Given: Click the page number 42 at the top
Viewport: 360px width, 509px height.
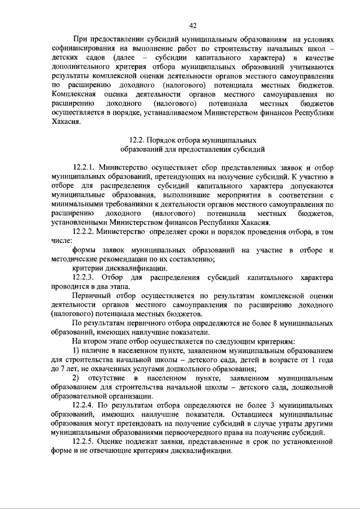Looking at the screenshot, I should point(192,25).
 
